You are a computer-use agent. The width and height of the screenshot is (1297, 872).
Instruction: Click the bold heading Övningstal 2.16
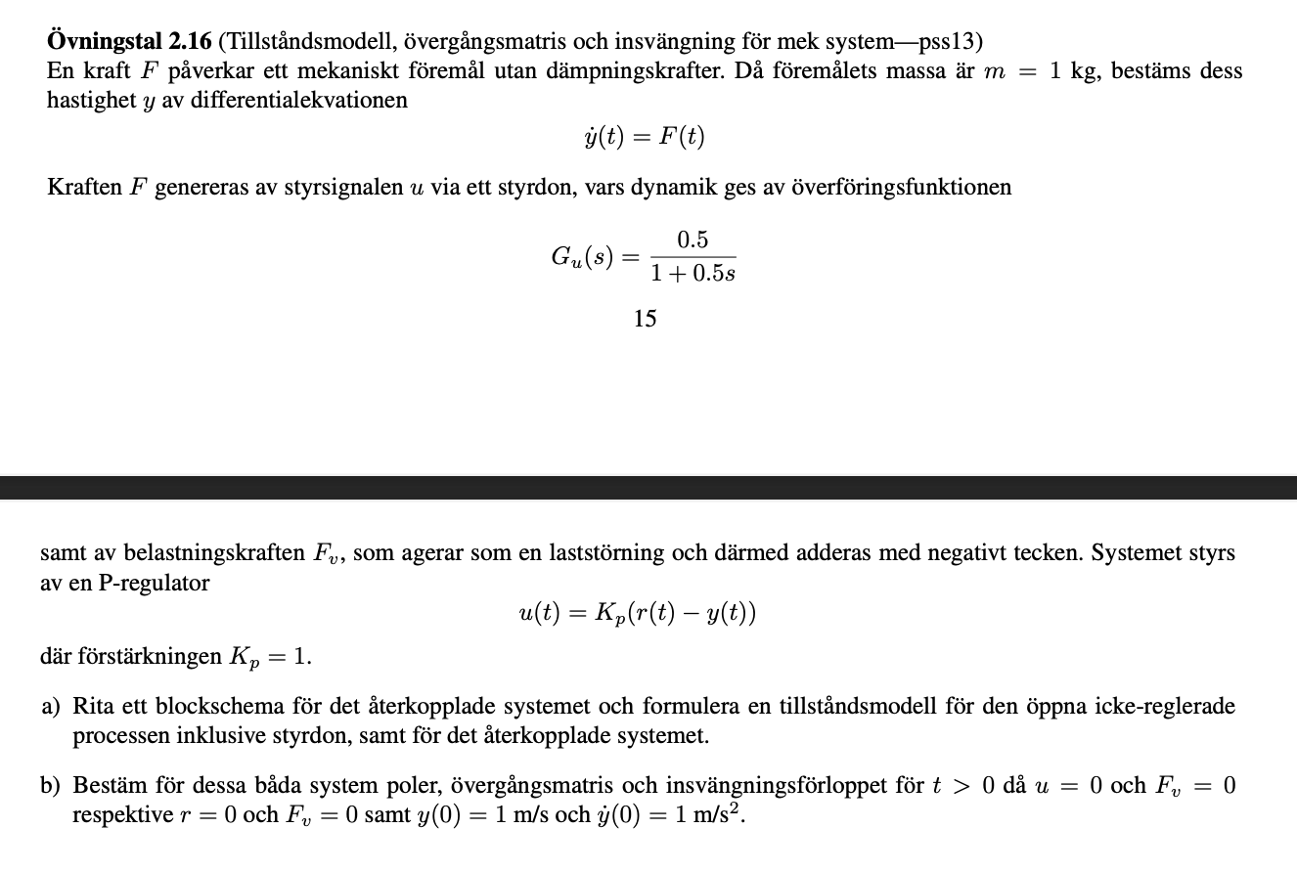tap(129, 42)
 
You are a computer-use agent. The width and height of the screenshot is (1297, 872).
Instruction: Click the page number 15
tap(645, 319)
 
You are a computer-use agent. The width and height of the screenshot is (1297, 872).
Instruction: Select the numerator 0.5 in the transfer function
tap(693, 240)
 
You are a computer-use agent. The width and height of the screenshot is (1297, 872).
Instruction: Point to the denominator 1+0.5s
tap(693, 275)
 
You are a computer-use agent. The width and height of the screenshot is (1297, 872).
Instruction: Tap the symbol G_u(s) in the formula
tap(582, 257)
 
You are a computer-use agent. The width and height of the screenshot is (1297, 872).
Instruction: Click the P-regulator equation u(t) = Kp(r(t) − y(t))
tap(637, 614)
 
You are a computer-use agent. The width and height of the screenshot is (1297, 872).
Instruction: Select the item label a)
tap(51, 706)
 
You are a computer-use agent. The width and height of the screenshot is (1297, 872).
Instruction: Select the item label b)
tap(51, 785)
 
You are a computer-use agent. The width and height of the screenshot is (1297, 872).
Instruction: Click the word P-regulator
tap(155, 583)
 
